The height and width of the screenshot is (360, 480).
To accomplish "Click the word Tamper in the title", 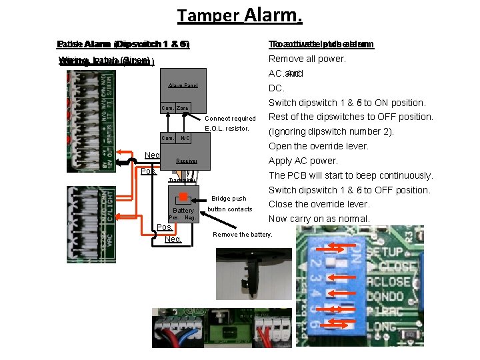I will [x=209, y=15].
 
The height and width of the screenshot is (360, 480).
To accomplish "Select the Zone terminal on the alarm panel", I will [x=183, y=108].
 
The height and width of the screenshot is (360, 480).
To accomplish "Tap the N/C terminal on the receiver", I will [x=186, y=139].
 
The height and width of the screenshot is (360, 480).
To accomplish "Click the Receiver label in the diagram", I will [x=186, y=161].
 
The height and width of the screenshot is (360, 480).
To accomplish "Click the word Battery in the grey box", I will [x=183, y=210].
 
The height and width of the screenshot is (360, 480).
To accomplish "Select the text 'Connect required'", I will [x=229, y=119].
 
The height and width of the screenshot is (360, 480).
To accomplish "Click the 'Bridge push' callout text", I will [x=229, y=199].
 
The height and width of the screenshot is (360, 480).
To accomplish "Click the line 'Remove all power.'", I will [x=307, y=59].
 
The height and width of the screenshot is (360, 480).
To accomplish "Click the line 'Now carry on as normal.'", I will [x=319, y=219].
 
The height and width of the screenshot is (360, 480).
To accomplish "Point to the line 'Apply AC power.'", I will [x=303, y=161].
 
